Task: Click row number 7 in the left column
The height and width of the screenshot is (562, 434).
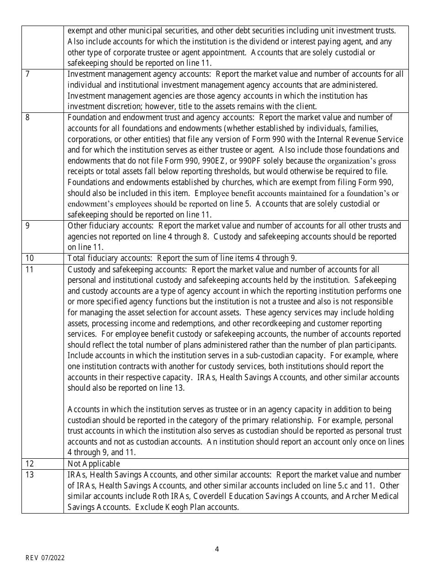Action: (28, 74)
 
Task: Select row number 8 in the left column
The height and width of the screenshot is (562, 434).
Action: (28, 117)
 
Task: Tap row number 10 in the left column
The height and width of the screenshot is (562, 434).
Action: (30, 259)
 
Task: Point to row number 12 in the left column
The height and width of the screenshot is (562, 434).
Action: (30, 464)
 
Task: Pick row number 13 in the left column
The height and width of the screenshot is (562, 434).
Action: (30, 475)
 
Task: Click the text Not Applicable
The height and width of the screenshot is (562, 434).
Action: (94, 464)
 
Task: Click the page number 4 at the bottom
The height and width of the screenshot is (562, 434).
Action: (217, 549)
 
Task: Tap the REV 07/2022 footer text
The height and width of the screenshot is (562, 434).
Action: (45, 558)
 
